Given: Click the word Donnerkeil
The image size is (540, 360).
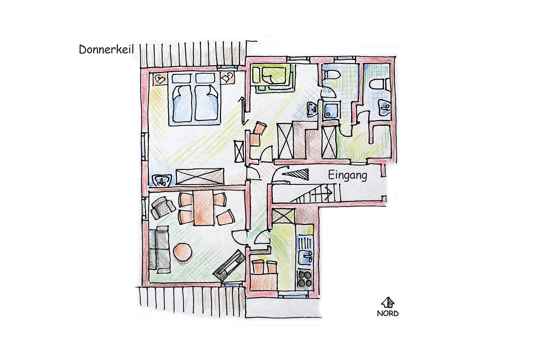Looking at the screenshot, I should [106, 50].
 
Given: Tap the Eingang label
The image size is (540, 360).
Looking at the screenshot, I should [347, 175].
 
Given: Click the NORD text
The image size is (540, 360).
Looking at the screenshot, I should [388, 313].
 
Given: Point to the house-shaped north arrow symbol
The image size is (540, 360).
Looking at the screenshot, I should [388, 302].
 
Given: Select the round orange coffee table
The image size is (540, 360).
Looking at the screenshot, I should [183, 252].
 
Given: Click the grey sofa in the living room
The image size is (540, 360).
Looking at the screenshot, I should [160, 250].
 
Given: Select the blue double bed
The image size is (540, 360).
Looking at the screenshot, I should [195, 98].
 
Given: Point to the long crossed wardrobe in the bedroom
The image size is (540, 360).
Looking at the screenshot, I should [200, 177].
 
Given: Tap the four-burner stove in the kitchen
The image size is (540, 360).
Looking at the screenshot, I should [305, 278].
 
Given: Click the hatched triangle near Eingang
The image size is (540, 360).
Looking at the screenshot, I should [297, 174].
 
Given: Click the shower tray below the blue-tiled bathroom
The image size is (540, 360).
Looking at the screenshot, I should [330, 110].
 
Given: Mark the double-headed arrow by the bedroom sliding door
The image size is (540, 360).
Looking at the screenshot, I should [242, 111].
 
